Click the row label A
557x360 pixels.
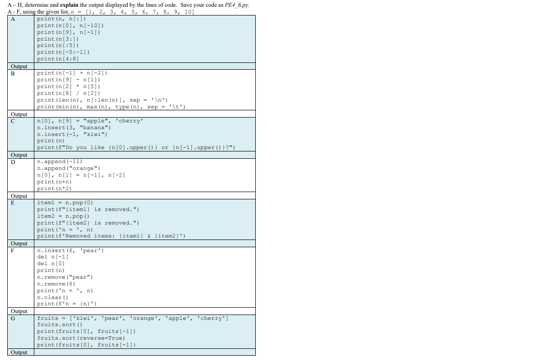tap(13, 19)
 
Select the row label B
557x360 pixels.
tap(13, 74)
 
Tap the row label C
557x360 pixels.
tap(13, 121)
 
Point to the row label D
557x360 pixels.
tap(13, 162)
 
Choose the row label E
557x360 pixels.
tap(13, 203)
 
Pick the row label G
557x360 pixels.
tap(13, 318)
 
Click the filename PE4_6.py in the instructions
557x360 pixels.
tap(240, 5)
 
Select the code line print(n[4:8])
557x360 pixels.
tap(58, 59)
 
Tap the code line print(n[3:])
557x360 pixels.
tap(58, 39)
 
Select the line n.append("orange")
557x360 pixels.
tap(69, 168)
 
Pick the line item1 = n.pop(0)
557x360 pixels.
tap(65, 202)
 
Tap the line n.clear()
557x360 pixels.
tap(53, 297)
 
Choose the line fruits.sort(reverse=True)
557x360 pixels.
tap(81, 338)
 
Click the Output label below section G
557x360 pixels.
tap(19, 352)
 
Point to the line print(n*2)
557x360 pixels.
tap(55, 189)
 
